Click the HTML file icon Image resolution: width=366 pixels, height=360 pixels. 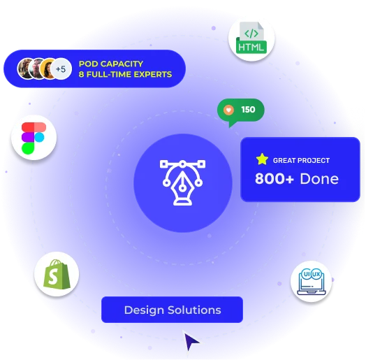251,38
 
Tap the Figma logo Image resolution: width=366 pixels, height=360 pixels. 34,138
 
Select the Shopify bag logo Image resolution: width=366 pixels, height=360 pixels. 57,274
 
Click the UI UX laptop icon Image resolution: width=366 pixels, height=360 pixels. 312,282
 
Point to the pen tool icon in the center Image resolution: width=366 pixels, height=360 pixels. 182,182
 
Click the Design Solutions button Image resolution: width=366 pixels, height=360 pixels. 173,310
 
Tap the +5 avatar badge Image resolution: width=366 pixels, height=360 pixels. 61,69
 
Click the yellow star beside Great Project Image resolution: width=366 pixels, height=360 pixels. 262,159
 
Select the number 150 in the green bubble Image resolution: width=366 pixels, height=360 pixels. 248,110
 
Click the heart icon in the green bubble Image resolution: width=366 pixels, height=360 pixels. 228,110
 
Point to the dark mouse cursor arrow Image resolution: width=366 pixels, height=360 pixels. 191,341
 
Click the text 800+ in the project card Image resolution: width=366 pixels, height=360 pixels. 274,179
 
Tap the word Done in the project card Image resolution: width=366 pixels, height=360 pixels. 319,179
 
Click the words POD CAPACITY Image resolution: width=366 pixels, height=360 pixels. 111,64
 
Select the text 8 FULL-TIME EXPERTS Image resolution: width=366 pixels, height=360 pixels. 125,74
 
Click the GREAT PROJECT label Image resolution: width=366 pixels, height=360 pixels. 301,161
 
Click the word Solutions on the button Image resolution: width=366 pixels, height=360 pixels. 194,310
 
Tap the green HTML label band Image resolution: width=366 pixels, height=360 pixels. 251,47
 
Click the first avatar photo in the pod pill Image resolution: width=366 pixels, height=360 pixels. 26,69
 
